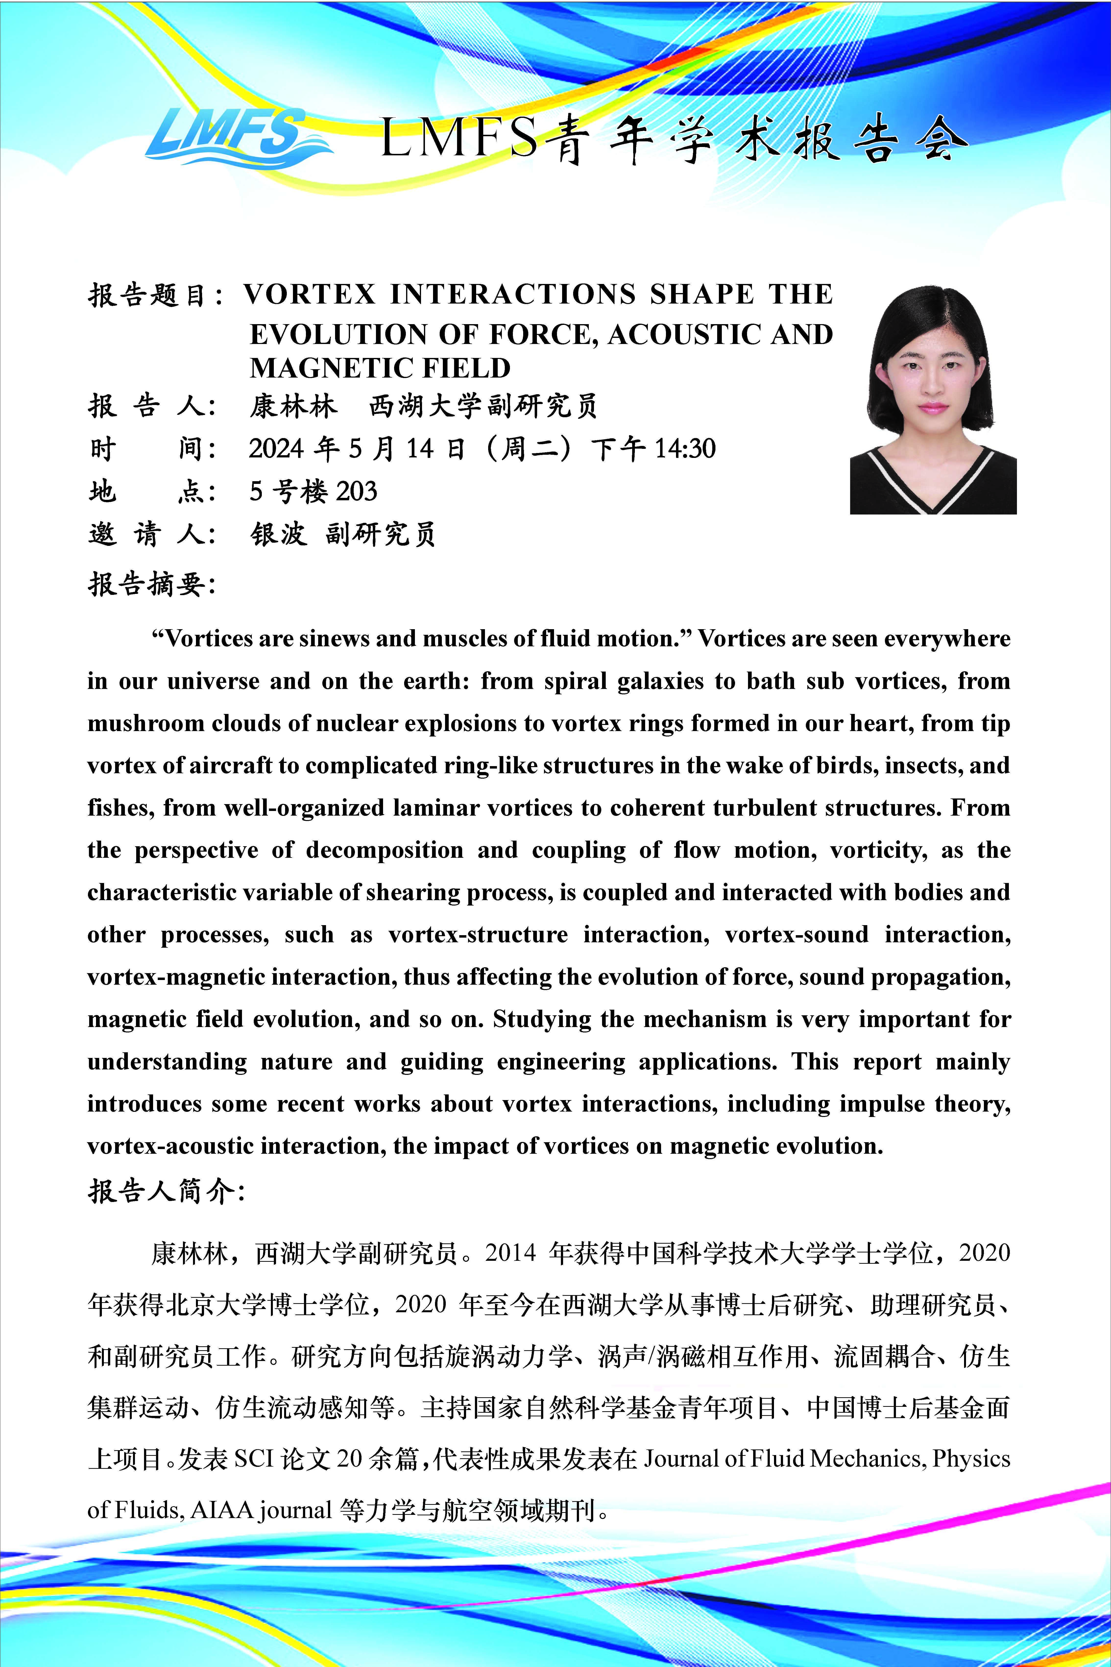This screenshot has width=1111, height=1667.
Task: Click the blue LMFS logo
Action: point(234,135)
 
